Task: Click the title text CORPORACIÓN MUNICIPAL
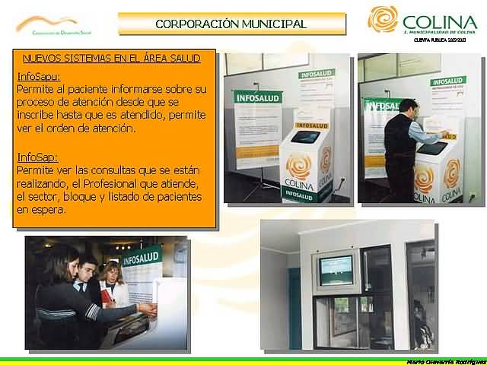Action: [x=231, y=24]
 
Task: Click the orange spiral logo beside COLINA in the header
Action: [x=383, y=19]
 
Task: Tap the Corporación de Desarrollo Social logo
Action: [x=46, y=25]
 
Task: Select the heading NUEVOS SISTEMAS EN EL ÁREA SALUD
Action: [x=111, y=58]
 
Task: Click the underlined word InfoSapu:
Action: [x=38, y=76]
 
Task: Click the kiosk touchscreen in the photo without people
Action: [x=306, y=138]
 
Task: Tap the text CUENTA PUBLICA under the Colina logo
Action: [x=434, y=40]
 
